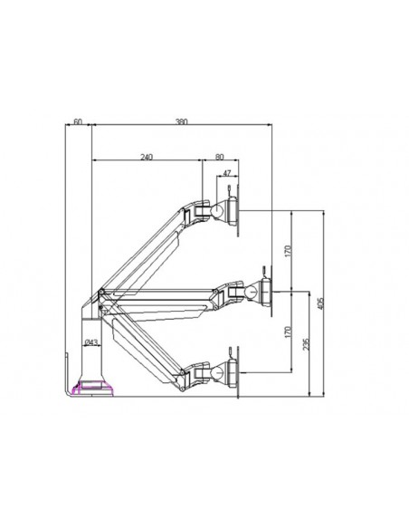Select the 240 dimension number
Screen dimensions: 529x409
tap(147, 157)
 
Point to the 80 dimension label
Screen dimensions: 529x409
tap(220, 157)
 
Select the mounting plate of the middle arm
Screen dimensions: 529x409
tap(270, 291)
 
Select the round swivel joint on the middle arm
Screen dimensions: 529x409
tap(251, 291)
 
